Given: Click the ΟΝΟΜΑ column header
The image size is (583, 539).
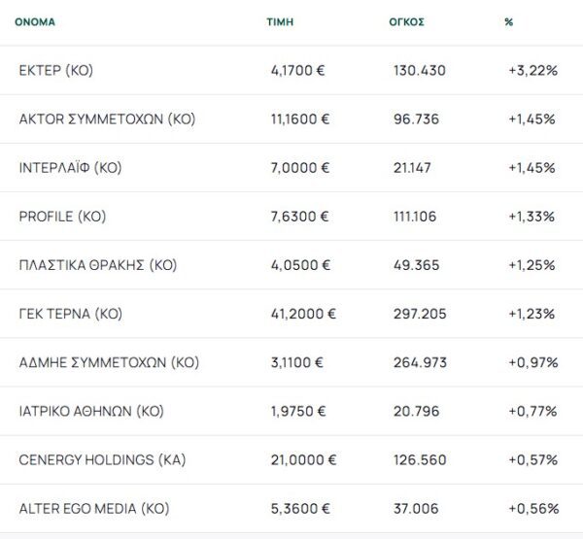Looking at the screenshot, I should pyautogui.click(x=35, y=21).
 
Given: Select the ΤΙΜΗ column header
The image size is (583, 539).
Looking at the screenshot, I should pyautogui.click(x=280, y=21).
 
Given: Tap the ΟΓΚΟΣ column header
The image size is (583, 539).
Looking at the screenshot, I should pyautogui.click(x=405, y=21).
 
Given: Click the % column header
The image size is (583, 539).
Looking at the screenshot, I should pyautogui.click(x=508, y=21).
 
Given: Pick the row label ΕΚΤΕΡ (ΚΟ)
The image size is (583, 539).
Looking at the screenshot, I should pyautogui.click(x=56, y=71).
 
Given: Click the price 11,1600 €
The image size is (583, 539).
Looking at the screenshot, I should pyautogui.click(x=300, y=119).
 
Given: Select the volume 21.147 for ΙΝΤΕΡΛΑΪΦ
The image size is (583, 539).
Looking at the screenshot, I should pyautogui.click(x=414, y=168).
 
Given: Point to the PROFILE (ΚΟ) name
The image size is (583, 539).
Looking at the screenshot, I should pyautogui.click(x=62, y=217).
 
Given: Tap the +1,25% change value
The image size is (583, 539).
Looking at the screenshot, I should pyautogui.click(x=532, y=265).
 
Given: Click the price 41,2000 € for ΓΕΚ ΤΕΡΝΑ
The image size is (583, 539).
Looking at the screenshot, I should pyautogui.click(x=304, y=314).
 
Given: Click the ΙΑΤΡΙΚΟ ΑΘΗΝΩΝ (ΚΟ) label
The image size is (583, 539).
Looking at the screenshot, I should pyautogui.click(x=91, y=411).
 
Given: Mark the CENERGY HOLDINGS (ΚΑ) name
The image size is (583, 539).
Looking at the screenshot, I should pyautogui.click(x=102, y=459).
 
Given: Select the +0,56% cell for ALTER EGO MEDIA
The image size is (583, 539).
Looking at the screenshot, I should pyautogui.click(x=532, y=508).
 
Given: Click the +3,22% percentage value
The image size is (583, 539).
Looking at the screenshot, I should pyautogui.click(x=532, y=71).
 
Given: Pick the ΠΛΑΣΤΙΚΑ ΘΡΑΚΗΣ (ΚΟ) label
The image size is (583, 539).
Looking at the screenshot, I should pyautogui.click(x=98, y=265).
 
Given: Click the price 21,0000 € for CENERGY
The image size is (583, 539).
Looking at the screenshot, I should pyautogui.click(x=304, y=459).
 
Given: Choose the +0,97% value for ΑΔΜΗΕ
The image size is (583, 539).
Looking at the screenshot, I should pyautogui.click(x=532, y=362).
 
